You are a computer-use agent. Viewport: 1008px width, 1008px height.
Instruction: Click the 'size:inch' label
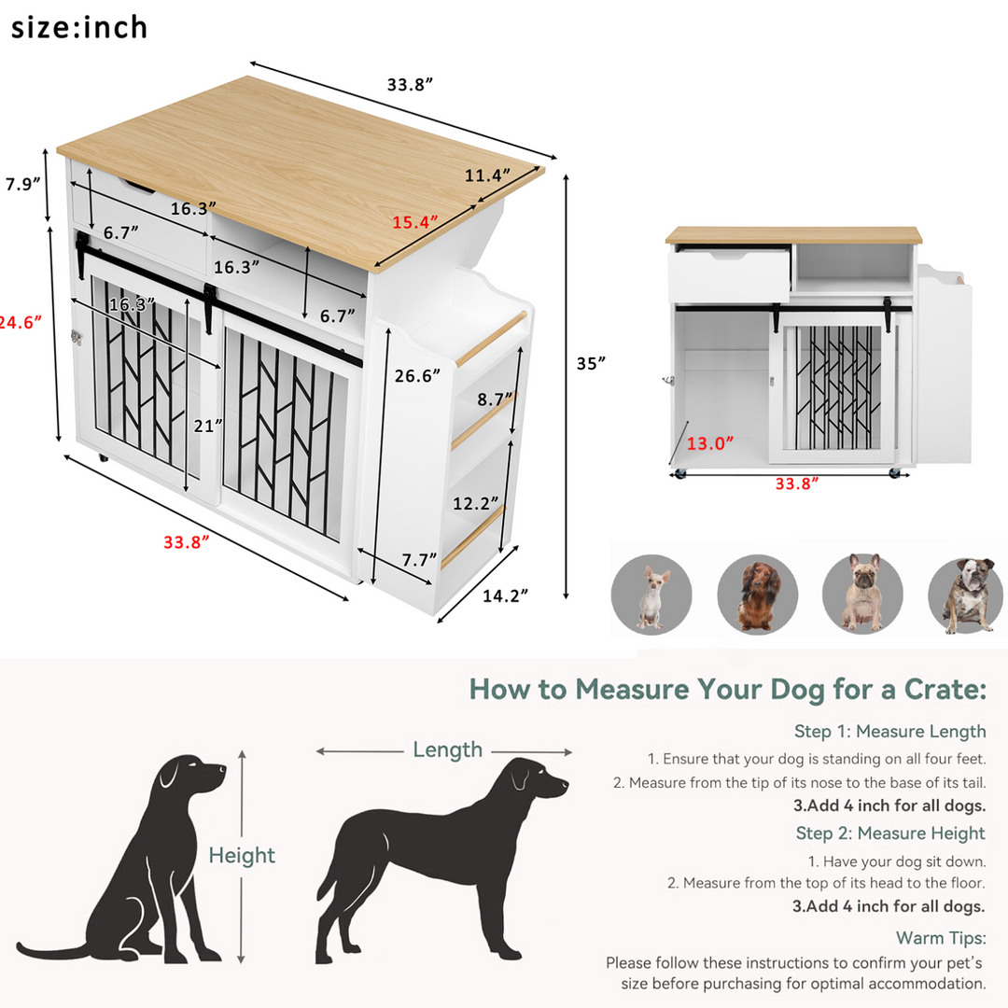click(x=79, y=27)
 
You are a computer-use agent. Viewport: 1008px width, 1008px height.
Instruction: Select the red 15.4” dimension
click(x=415, y=222)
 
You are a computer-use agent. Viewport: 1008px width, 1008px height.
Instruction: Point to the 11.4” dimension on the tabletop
click(x=488, y=175)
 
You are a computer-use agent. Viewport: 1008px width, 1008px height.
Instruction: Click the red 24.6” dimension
click(x=21, y=322)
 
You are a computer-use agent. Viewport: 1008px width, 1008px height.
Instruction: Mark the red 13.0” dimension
click(x=710, y=443)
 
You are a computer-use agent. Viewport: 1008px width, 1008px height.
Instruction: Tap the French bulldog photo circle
click(x=861, y=594)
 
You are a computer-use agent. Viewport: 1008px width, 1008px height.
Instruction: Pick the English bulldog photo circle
click(x=967, y=595)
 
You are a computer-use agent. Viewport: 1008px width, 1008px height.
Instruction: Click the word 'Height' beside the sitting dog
click(x=242, y=855)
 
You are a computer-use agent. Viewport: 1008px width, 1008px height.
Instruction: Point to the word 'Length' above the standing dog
click(x=448, y=749)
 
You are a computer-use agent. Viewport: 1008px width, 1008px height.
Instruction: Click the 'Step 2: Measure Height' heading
click(x=889, y=833)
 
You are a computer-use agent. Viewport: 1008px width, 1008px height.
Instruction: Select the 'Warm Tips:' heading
click(x=940, y=937)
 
